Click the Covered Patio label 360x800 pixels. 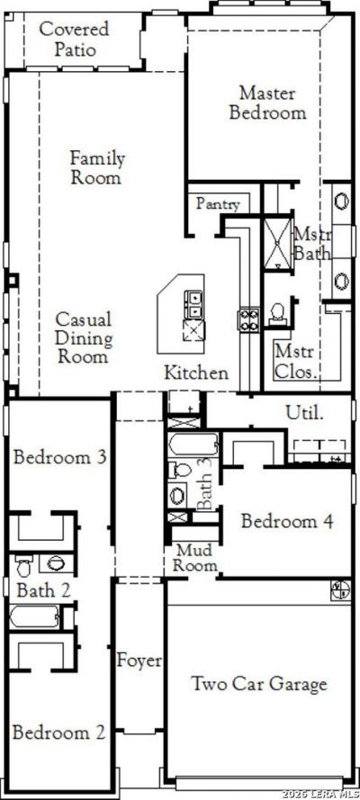tap(74, 39)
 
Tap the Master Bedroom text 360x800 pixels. tap(267, 103)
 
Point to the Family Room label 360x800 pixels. tap(97, 167)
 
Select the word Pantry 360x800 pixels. tap(218, 204)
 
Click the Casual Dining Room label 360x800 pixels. tap(84, 337)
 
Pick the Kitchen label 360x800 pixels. tap(196, 373)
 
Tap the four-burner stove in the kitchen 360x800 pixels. tap(248, 319)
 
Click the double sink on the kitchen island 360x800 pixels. tap(194, 304)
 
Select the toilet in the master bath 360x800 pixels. tap(278, 314)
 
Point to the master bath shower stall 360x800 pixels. tap(278, 243)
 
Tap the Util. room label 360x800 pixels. tap(305, 413)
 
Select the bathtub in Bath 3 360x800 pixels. tap(193, 444)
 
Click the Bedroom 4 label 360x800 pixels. tap(288, 521)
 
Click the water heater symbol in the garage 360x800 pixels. tap(340, 589)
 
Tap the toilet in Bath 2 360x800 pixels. tap(23, 566)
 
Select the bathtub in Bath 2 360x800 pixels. tap(35, 616)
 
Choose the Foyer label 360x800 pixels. tap(139, 661)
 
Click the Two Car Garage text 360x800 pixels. tap(259, 684)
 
